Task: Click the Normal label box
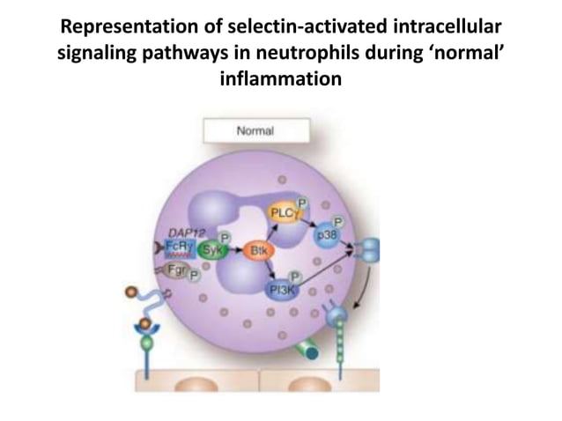tap(255, 130)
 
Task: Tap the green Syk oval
tap(211, 251)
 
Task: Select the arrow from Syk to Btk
tap(234, 251)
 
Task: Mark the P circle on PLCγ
tap(302, 201)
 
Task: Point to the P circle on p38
tap(339, 222)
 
